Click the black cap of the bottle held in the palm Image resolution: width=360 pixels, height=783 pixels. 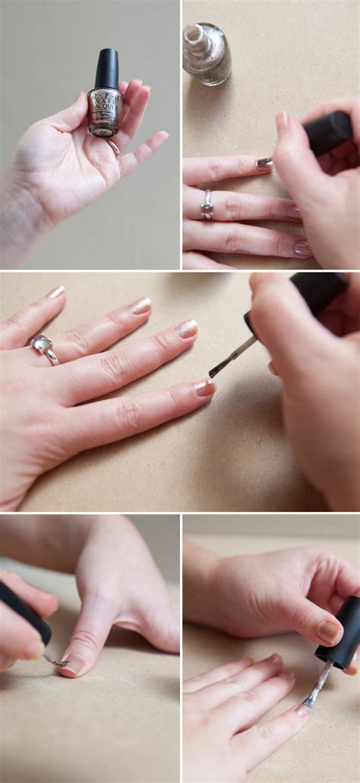click(x=106, y=69)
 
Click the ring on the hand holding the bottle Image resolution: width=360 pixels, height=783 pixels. click(x=113, y=147)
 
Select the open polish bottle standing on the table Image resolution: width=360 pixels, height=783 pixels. click(x=207, y=53)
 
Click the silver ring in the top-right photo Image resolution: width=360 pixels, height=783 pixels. click(x=207, y=205)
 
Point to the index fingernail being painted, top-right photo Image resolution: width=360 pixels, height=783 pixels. click(x=264, y=163)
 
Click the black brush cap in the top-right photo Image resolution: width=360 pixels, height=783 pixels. click(x=327, y=133)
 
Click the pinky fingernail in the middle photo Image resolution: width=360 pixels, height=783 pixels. click(x=56, y=292)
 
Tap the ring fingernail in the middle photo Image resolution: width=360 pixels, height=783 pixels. click(x=140, y=305)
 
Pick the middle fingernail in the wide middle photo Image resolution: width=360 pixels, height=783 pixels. click(x=187, y=329)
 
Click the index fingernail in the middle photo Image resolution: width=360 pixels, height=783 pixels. click(x=204, y=388)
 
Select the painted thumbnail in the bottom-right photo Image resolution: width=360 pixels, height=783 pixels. click(x=329, y=632)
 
